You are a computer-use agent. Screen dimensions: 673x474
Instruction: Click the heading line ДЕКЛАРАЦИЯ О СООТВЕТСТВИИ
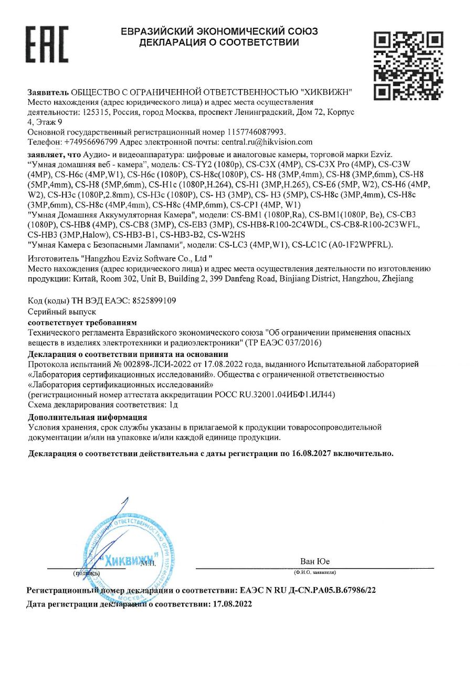(219, 42)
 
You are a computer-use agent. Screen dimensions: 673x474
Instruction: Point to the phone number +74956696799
(90, 142)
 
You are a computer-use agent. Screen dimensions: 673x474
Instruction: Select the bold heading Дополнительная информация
(87, 418)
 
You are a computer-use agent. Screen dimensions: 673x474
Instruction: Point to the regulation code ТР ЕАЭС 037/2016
(283, 342)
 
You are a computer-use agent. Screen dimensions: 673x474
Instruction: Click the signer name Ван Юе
(315, 561)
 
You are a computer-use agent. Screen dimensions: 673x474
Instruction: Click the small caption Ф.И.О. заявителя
(315, 572)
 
